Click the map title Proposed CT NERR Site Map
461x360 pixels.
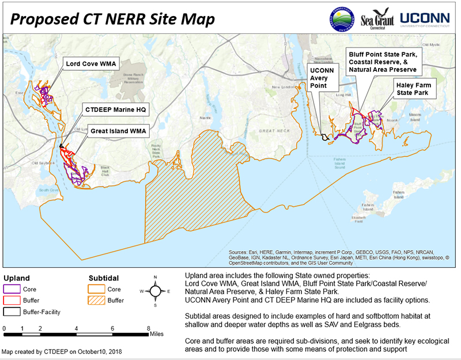[x=113, y=19]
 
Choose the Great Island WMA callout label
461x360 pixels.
[x=118, y=131]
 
